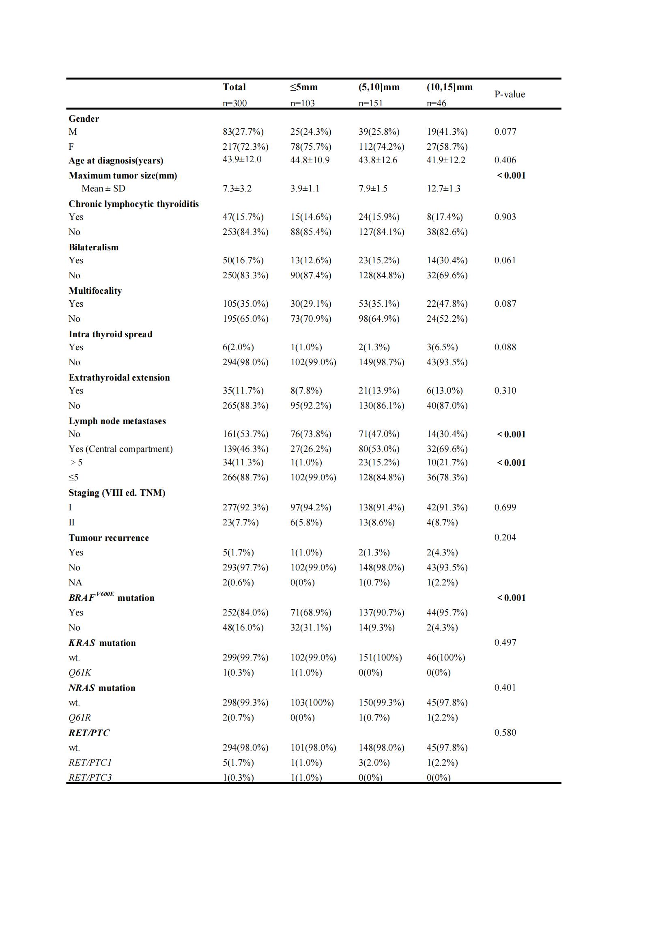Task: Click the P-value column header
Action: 510,94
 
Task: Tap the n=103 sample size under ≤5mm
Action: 303,103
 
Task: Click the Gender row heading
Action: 84,118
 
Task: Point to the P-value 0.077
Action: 505,132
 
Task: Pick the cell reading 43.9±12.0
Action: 242,159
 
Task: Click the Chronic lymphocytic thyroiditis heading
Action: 133,204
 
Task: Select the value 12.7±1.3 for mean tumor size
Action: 443,189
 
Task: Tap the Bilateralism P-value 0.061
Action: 505,260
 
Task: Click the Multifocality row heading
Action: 95,291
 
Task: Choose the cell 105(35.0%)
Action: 245,304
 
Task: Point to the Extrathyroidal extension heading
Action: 119,377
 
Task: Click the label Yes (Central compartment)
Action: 120,449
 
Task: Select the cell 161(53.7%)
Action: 245,434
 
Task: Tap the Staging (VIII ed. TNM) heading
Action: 117,493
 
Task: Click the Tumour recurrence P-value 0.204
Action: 505,537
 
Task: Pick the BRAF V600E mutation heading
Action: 111,597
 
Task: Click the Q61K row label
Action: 80,672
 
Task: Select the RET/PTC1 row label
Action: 90,763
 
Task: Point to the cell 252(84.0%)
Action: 245,613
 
